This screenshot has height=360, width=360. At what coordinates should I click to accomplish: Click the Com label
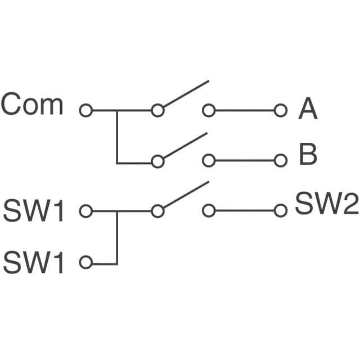pos(32,105)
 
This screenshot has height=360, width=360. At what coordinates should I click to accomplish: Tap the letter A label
pos(308,109)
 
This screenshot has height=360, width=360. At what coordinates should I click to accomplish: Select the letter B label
pos(308,155)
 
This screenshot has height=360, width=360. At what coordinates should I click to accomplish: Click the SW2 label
pos(327,204)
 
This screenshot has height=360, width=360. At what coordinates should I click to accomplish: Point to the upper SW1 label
pos(34,212)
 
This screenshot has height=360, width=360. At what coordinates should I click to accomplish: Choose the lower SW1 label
pos(34,263)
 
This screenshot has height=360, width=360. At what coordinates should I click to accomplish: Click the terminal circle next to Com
pos(85,110)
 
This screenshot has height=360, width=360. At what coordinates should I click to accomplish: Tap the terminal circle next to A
pos(281,110)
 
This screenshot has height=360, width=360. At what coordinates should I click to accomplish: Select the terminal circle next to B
pos(281,161)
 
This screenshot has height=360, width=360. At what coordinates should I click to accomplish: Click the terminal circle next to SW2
pos(281,211)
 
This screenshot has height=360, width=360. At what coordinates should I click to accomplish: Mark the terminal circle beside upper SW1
pos(85,211)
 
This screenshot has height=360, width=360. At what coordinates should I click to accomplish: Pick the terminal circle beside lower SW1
pos(85,262)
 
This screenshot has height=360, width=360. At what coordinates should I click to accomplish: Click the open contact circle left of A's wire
pos(209,110)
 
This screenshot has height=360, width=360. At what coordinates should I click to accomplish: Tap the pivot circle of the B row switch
pos(158,161)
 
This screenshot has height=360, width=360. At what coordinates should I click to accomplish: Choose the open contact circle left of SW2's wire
pos(209,211)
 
